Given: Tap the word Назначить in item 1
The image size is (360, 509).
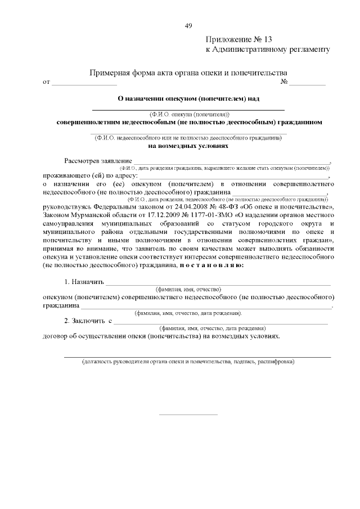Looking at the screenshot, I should (84, 281).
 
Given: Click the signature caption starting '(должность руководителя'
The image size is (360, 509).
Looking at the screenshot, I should (188, 362).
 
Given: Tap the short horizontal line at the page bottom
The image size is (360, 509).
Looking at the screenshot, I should (188, 415).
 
